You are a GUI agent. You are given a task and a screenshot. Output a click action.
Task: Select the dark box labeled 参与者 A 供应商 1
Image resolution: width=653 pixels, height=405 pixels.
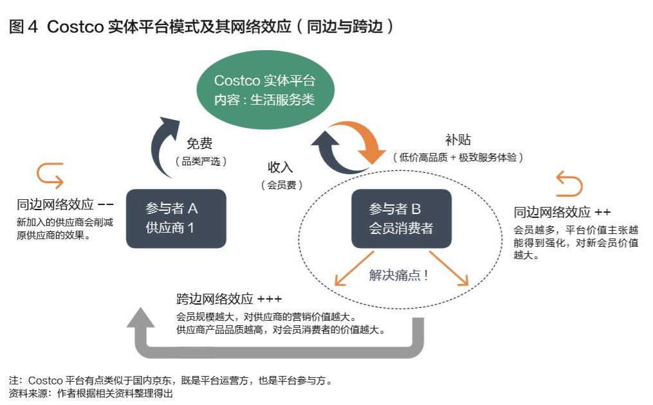pyautogui.click(x=176, y=218)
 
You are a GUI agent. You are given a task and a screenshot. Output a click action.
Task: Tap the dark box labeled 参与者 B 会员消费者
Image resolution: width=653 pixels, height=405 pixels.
pyautogui.click(x=401, y=218)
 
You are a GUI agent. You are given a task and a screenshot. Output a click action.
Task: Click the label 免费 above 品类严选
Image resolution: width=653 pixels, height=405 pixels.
pyautogui.click(x=199, y=144)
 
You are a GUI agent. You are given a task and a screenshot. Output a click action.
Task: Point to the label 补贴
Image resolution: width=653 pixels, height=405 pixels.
pyautogui.click(x=458, y=140)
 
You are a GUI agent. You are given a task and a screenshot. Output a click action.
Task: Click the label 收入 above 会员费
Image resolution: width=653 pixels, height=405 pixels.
pyautogui.click(x=281, y=167)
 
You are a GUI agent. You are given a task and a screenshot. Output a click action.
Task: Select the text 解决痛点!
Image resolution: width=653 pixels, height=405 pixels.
pyautogui.click(x=400, y=275)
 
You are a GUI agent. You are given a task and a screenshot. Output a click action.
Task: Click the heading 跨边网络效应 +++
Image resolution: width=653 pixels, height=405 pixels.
pyautogui.click(x=229, y=300)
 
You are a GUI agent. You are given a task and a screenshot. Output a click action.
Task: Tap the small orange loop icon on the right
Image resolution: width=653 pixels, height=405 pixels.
pyautogui.click(x=568, y=184)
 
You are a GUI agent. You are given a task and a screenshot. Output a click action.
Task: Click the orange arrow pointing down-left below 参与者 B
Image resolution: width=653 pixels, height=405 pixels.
pyautogui.click(x=351, y=269)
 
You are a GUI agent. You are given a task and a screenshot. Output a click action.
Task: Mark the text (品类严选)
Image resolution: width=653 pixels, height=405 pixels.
pyautogui.click(x=201, y=161)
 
